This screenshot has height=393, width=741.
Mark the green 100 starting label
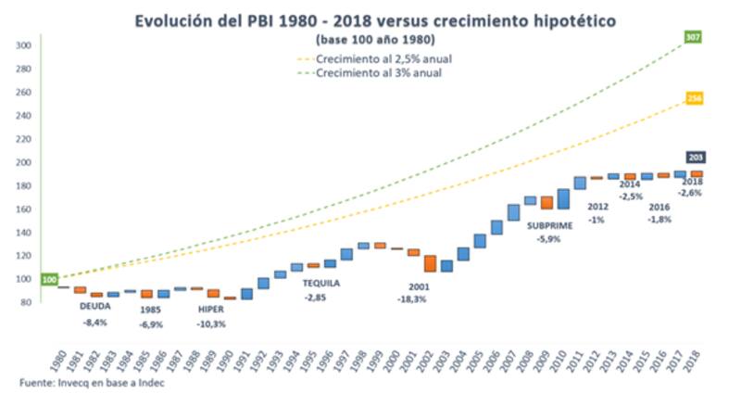[48, 279]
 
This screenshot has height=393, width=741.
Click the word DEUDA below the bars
[94, 306]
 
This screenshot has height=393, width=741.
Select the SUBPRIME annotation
[550, 225]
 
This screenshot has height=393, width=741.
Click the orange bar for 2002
[430, 263]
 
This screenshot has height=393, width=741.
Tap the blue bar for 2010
[562, 198]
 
